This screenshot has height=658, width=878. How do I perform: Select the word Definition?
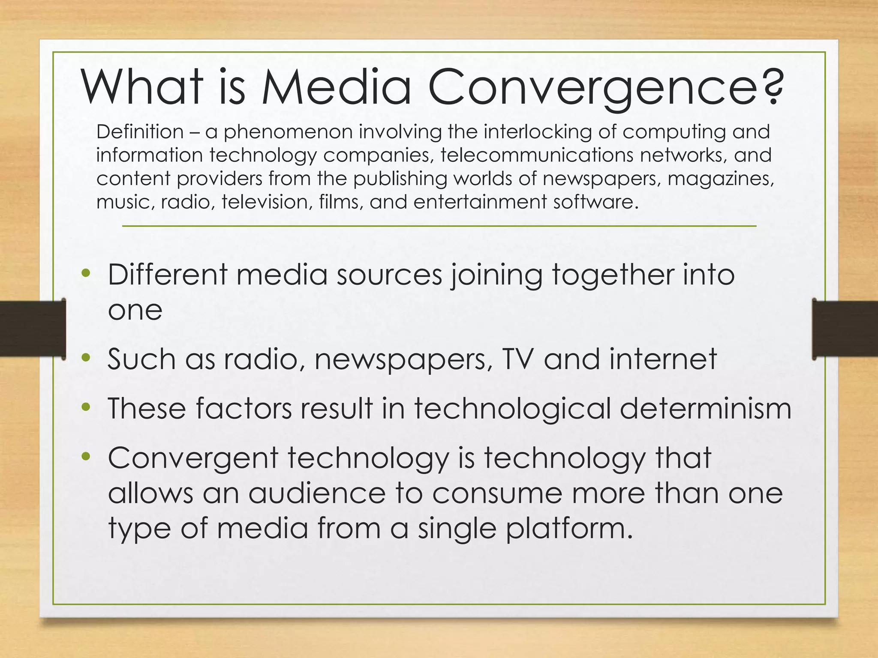[140, 132]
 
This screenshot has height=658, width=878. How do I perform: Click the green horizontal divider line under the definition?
[439, 226]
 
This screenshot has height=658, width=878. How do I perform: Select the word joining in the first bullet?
[497, 275]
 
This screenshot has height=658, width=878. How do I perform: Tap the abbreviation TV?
[518, 359]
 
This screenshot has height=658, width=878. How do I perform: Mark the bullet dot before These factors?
[86, 407]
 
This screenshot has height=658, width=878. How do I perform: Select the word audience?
[317, 493]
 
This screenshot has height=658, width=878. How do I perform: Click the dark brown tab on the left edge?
[32, 329]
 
